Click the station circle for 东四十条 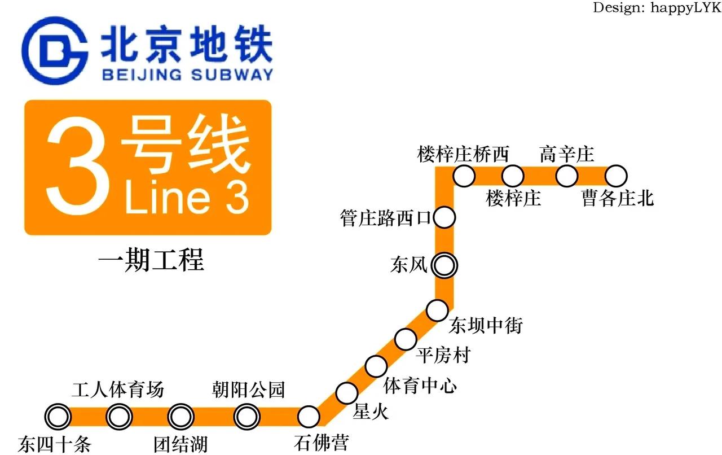(x=58, y=417)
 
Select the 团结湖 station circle (x=180, y=417)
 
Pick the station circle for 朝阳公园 (x=247, y=417)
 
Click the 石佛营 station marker (x=309, y=417)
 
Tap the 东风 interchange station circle (x=444, y=264)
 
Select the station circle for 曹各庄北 (x=616, y=176)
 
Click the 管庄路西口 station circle (x=444, y=217)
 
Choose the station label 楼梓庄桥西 (x=463, y=154)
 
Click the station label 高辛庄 (x=566, y=154)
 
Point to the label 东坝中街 (x=486, y=326)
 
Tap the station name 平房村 (x=442, y=356)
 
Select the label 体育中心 (x=420, y=386)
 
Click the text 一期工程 (x=151, y=261)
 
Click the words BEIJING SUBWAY (x=187, y=74)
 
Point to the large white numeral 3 (x=77, y=168)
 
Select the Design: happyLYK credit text (x=657, y=8)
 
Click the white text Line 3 (x=186, y=198)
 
